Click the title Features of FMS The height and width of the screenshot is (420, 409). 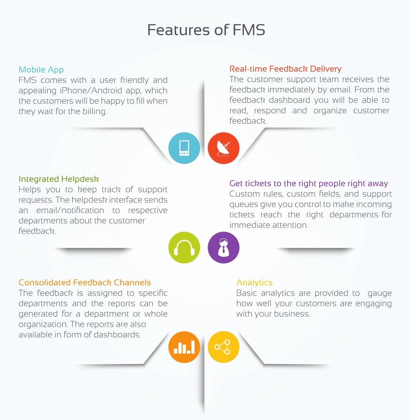point(206,30)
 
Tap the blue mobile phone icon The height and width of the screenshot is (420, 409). point(184,148)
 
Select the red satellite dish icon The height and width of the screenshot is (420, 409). point(224,148)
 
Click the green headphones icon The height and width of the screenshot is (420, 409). point(184,248)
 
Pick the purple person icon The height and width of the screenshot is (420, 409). point(224,248)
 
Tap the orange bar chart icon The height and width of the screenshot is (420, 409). point(184,347)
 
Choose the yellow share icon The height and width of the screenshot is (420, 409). point(224,347)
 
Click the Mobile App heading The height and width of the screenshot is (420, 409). point(41,70)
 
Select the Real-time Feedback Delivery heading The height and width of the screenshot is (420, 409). point(285,69)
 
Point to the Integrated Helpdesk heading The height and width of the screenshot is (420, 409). point(59,179)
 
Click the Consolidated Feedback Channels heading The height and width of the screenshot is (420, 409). point(85,282)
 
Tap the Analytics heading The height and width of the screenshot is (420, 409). point(254,282)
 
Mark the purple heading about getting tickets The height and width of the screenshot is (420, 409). point(308,183)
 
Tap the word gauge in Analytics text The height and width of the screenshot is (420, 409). point(379,293)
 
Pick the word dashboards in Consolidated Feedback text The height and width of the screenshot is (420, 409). point(117,335)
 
